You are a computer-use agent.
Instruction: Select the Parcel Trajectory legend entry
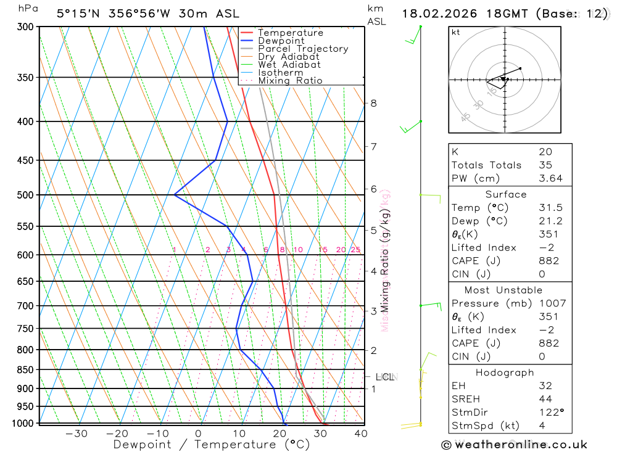click(x=302, y=49)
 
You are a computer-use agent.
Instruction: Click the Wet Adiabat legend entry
click(x=289, y=65)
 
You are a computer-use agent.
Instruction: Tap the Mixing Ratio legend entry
click(x=290, y=81)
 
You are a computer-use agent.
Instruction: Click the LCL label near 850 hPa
click(x=384, y=377)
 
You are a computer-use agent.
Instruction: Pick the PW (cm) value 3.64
click(x=549, y=178)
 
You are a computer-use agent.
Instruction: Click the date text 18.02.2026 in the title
click(x=439, y=13)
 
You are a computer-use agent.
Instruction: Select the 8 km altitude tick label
click(x=373, y=103)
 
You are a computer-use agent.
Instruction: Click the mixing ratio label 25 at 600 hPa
click(x=355, y=250)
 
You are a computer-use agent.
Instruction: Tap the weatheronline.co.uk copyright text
click(x=515, y=444)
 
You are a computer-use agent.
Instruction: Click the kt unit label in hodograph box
click(x=456, y=32)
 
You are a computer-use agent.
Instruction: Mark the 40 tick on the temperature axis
click(x=360, y=434)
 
